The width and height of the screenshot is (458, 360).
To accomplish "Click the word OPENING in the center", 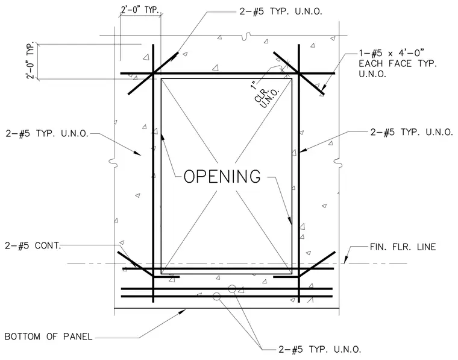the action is (222, 176).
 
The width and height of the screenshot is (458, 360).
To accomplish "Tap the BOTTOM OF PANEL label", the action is (48, 336).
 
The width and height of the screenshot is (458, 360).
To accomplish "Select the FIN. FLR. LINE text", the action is (403, 247).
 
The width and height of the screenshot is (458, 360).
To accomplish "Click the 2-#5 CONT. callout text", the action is (33, 246).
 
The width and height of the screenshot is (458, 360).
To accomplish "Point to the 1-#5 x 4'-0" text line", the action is (391, 53).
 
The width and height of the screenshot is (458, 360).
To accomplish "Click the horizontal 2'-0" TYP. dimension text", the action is (140, 10).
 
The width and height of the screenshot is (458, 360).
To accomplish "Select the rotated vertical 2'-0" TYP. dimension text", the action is (31, 60).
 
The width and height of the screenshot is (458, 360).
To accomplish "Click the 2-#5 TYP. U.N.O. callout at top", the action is (281, 11).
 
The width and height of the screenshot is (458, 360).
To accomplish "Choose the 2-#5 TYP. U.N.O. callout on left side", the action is (47, 133).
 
